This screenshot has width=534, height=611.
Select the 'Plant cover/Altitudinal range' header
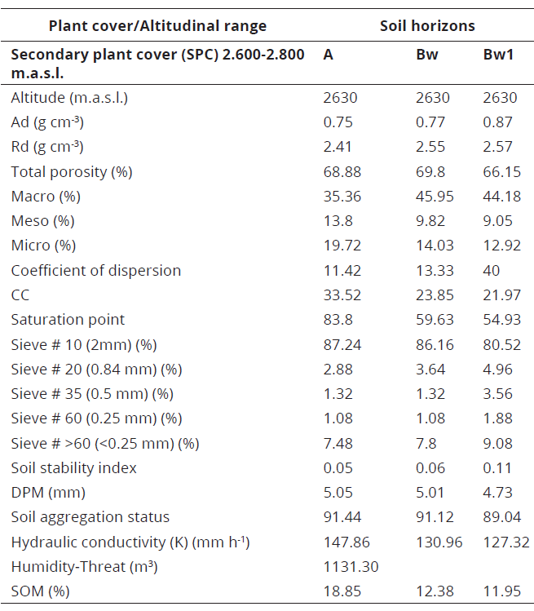[x=157, y=26]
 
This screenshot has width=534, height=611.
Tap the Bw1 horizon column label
[x=498, y=55]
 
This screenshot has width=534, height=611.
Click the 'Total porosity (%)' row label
[x=72, y=172]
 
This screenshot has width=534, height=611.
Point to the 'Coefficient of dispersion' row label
[x=96, y=270]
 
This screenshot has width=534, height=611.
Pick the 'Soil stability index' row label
[x=74, y=467]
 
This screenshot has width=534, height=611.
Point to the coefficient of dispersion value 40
[x=492, y=270]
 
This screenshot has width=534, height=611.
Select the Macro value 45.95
[x=434, y=197]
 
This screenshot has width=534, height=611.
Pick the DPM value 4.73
[x=497, y=492]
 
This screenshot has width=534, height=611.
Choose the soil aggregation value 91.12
[x=434, y=516]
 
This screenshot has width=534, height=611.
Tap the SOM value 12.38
[x=434, y=591]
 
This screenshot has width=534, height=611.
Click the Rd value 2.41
[x=338, y=147]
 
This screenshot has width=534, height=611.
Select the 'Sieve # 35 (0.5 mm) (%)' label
[x=92, y=393]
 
